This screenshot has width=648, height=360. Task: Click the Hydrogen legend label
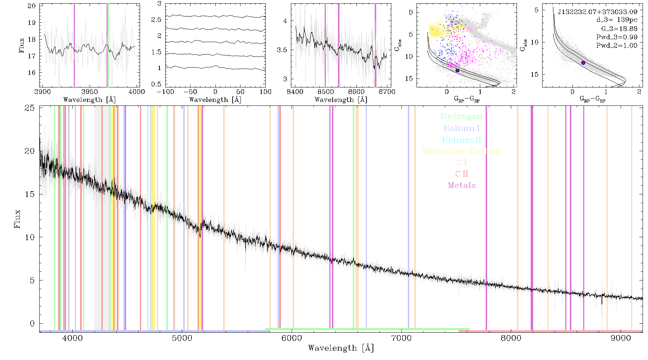(461, 117)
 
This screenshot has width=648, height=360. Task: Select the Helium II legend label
(462, 140)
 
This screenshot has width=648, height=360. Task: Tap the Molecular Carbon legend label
(462, 151)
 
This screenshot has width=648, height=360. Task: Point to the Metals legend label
(462, 185)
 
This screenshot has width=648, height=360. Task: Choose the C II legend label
(462, 174)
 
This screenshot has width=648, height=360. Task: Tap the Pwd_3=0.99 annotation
(617, 37)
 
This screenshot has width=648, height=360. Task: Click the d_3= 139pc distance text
(617, 20)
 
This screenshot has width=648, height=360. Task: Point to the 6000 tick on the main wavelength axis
(292, 338)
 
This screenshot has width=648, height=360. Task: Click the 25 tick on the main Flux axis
(30, 108)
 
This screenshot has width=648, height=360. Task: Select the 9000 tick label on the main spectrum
(621, 338)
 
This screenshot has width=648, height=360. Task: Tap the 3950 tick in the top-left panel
(90, 92)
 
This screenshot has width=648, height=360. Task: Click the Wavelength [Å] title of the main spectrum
(341, 348)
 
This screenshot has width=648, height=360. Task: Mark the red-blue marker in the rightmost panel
(583, 63)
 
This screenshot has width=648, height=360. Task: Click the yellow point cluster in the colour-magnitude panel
(436, 31)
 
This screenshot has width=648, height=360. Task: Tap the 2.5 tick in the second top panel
(156, 19)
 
